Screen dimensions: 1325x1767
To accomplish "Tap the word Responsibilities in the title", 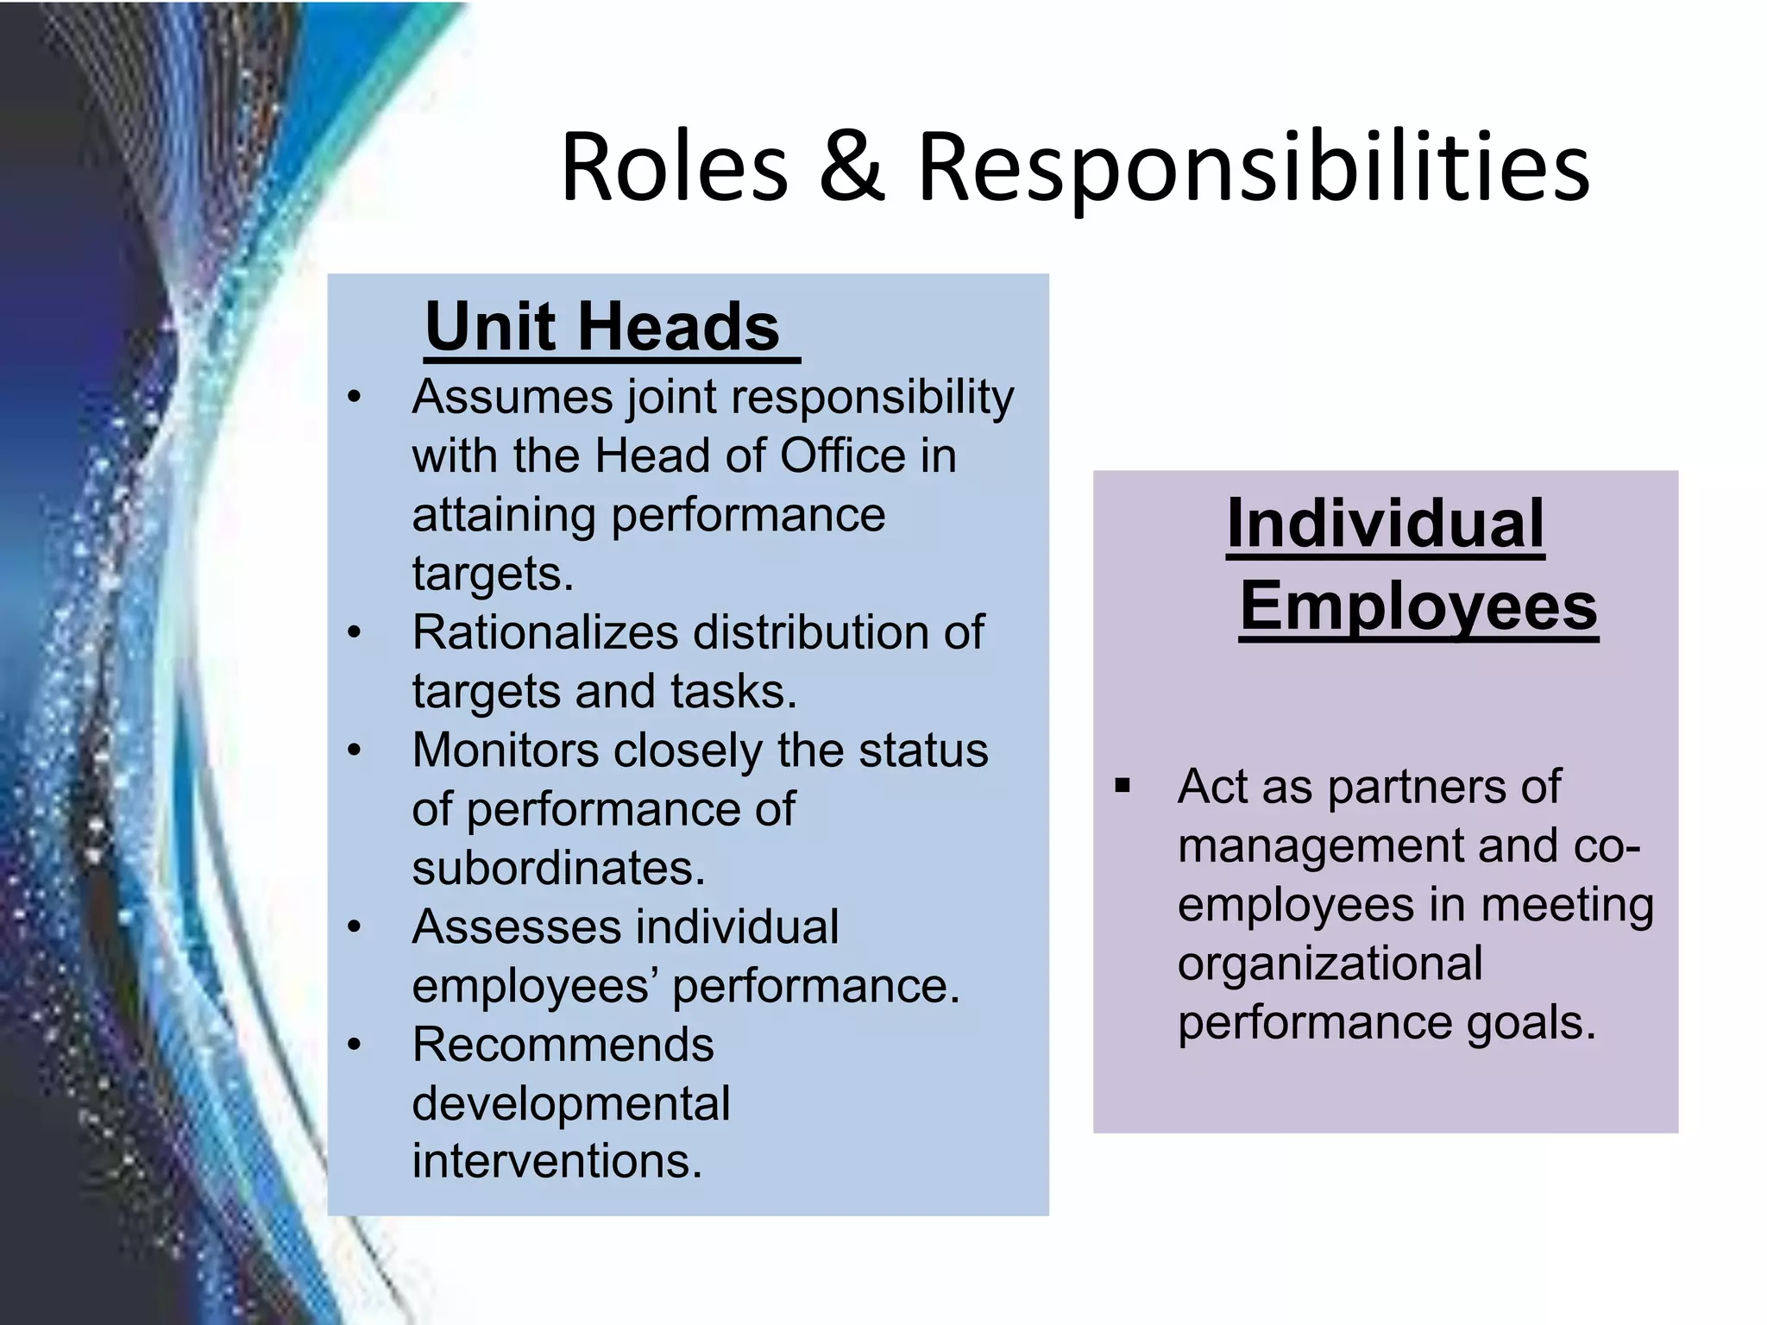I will pyautogui.click(x=1253, y=168).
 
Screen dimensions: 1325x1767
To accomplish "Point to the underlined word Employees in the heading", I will pyautogui.click(x=1418, y=606).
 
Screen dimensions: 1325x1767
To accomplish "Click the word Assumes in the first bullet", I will pyautogui.click(x=510, y=398).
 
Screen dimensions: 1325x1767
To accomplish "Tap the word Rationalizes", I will pyautogui.click(x=545, y=632).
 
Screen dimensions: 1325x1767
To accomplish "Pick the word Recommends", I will pyautogui.click(x=563, y=1044).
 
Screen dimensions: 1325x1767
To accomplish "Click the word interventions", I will pyautogui.click(x=557, y=1161).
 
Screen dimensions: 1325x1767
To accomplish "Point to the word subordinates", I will pyautogui.click(x=558, y=868).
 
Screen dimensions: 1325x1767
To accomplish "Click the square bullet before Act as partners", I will pyautogui.click(x=1122, y=786).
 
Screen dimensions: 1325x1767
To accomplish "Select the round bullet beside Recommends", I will pyautogui.click(x=354, y=1046).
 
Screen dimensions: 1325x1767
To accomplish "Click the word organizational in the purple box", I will pyautogui.click(x=1330, y=963).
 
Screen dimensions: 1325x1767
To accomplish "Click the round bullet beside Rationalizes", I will pyautogui.click(x=354, y=633).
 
